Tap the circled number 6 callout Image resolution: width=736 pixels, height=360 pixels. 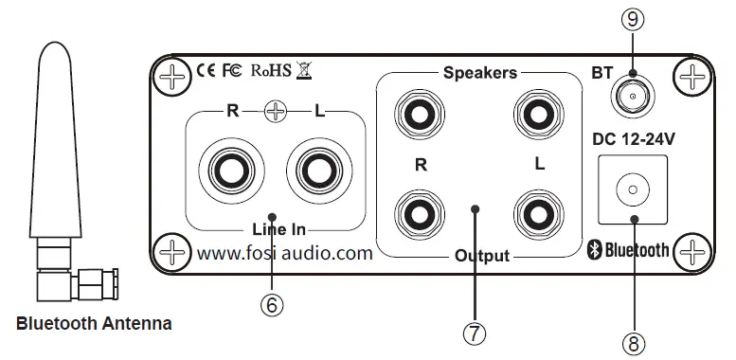click(271, 305)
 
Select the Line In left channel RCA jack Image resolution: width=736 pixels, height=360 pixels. click(315, 171)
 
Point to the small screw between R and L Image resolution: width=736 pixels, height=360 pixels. click(275, 112)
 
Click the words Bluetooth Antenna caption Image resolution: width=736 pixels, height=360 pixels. click(94, 324)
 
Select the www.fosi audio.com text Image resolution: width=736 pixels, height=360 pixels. click(284, 253)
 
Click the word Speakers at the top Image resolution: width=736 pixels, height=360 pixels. click(479, 72)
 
